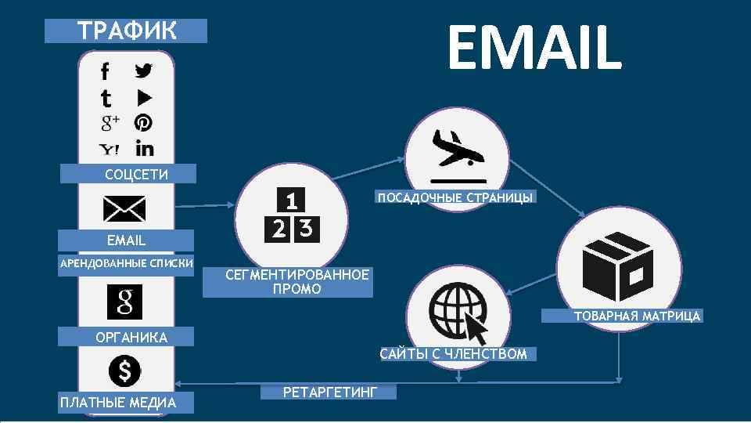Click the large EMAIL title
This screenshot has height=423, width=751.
click(534, 47)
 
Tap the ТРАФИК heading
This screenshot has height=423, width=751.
click(126, 31)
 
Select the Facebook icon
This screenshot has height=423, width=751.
click(106, 71)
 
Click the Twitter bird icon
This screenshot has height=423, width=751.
click(143, 70)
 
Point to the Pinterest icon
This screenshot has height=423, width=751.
click(143, 123)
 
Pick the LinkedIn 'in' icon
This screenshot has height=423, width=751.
click(144, 147)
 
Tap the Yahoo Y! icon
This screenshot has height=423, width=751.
click(109, 149)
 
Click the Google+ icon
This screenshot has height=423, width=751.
click(109, 123)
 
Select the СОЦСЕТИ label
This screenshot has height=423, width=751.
click(126, 174)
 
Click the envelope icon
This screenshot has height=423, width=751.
click(124, 208)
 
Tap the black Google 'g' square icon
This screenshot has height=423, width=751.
click(124, 302)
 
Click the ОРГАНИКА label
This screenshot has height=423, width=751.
click(126, 338)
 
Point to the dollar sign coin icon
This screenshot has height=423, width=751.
click(124, 371)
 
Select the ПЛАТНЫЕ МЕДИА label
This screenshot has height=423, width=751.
click(117, 403)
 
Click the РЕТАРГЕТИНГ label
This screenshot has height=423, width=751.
click(329, 391)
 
